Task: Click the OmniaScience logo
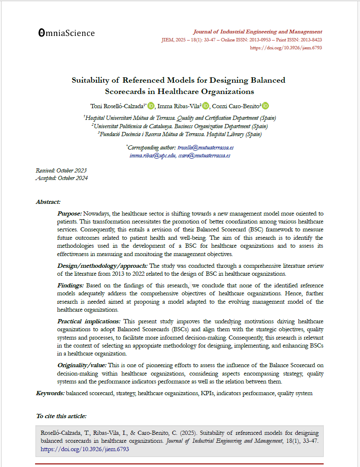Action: (66, 33)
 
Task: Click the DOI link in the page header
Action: (286, 48)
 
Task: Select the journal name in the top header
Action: (257, 32)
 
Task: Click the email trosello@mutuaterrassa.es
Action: (205, 147)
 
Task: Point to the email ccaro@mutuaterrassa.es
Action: (204, 155)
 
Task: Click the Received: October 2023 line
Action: (61, 170)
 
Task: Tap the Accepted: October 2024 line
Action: (62, 178)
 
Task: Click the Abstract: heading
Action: (48, 202)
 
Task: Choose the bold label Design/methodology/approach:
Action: (102, 266)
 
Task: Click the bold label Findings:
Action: (71, 285)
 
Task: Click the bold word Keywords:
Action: (50, 393)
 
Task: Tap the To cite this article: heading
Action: (61, 416)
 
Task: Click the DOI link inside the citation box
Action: (85, 449)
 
